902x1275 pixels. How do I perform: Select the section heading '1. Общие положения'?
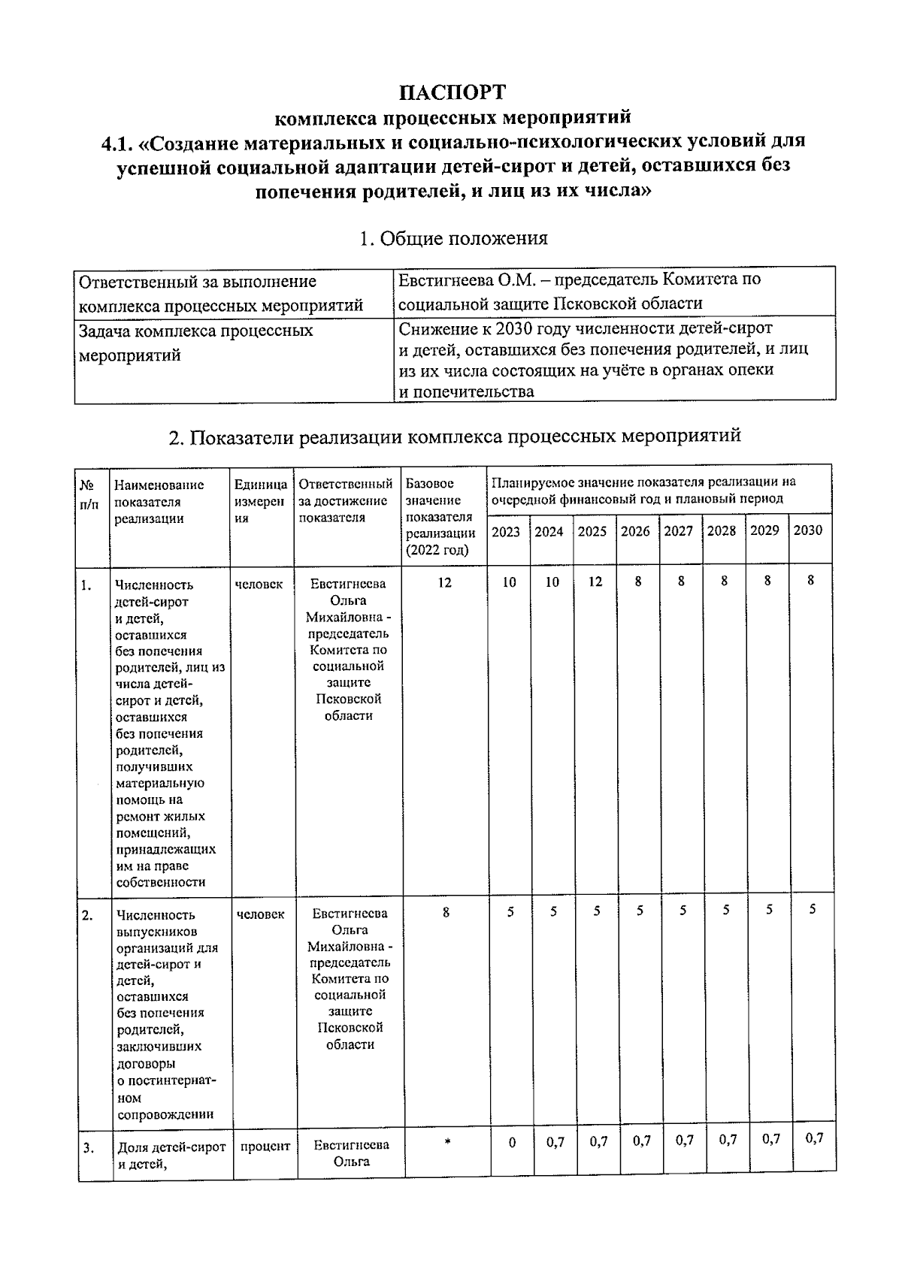click(453, 239)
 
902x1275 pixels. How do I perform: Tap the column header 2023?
click(505, 532)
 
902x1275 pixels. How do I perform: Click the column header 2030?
click(808, 530)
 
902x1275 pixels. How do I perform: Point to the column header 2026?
click(635, 531)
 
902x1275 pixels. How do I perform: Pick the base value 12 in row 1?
click(444, 582)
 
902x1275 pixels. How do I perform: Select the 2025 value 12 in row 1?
click(595, 582)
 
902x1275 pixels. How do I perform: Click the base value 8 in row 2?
click(446, 913)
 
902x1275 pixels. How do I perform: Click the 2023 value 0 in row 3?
click(512, 1143)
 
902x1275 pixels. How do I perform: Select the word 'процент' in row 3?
click(265, 1147)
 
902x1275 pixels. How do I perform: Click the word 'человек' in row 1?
click(259, 584)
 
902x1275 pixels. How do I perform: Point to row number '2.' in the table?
click(88, 915)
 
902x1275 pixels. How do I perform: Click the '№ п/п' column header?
click(89, 494)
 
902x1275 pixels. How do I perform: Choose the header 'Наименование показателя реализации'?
click(159, 502)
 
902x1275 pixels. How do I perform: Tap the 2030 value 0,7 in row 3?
click(813, 1138)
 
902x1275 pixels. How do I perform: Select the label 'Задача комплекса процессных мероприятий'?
click(196, 343)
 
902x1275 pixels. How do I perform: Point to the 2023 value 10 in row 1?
click(509, 582)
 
